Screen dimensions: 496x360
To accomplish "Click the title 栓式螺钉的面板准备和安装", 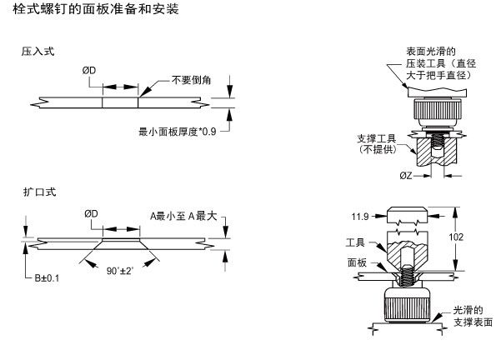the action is tap(96, 8).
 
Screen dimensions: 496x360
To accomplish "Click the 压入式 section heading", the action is tap(38, 51).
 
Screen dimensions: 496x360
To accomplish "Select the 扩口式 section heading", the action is tap(39, 192).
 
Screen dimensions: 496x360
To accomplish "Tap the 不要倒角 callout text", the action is tap(192, 80).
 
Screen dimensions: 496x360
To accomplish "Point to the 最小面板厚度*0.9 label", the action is tap(178, 132).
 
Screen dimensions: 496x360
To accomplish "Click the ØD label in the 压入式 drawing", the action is tap(89, 71).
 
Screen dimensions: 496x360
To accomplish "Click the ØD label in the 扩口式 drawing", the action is tap(91, 214).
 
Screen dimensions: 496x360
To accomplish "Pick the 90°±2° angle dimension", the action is tap(120, 271).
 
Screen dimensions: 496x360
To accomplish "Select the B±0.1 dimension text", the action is tap(47, 278).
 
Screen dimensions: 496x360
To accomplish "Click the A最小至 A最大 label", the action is tap(183, 216).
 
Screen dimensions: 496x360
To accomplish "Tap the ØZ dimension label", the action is tap(406, 176).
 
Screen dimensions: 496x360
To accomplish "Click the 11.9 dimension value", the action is tap(360, 217).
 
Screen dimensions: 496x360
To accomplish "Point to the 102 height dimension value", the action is tap(456, 237).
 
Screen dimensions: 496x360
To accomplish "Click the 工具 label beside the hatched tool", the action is tap(355, 242).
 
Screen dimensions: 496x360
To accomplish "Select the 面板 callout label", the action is tap(357, 262).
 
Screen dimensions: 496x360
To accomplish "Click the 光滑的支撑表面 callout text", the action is tap(473, 316).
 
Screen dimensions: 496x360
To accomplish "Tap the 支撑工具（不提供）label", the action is tap(377, 144).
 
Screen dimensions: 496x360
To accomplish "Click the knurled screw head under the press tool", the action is tap(438, 109).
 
